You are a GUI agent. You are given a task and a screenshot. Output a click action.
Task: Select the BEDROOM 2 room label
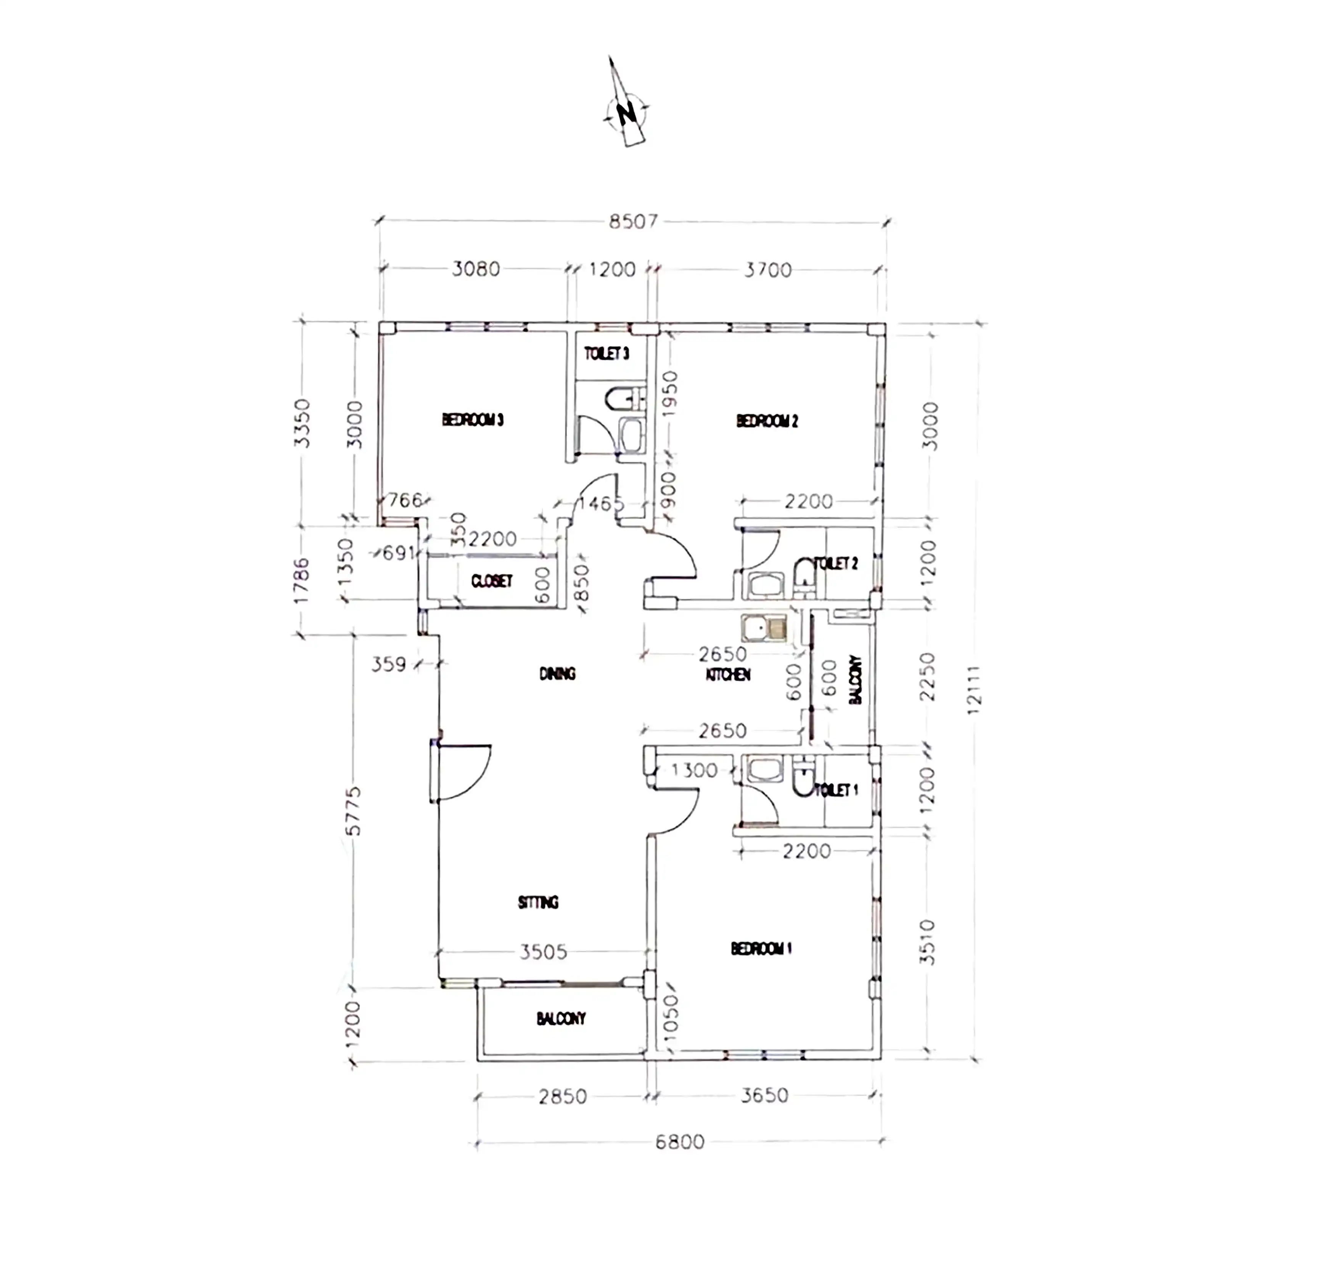click(767, 421)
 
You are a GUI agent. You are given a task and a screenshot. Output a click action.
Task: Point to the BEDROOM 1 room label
click(761, 949)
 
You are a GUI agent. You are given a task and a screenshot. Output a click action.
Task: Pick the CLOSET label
click(492, 581)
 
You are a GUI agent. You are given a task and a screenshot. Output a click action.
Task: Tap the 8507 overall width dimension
click(633, 221)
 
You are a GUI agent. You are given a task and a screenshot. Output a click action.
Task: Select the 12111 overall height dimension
click(974, 690)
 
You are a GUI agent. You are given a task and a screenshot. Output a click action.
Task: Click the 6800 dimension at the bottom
click(679, 1141)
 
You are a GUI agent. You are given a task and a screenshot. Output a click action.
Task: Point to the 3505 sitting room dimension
click(543, 952)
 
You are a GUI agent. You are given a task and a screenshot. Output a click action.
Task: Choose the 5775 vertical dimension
click(354, 811)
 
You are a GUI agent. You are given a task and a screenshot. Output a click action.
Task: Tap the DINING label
click(558, 674)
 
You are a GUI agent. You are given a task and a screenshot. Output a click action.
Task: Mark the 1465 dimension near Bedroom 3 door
click(600, 503)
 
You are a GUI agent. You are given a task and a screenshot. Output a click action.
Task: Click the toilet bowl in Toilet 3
click(620, 398)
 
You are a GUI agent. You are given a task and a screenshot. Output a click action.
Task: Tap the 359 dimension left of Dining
click(389, 665)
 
